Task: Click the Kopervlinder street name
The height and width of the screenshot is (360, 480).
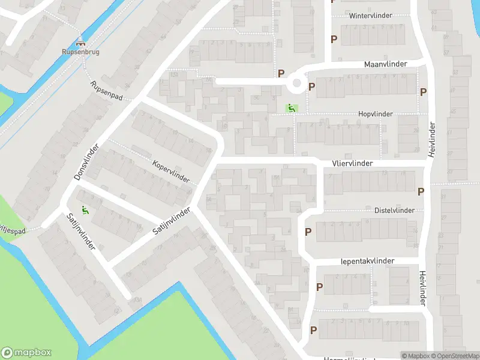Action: click(x=170, y=172)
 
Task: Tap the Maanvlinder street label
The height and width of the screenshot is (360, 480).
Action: click(x=385, y=64)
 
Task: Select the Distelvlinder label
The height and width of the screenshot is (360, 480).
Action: click(x=394, y=211)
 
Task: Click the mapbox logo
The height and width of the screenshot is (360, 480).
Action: click(x=26, y=353)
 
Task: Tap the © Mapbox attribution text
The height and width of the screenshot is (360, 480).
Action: click(x=416, y=356)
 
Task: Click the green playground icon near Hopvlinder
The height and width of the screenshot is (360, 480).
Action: click(x=290, y=109)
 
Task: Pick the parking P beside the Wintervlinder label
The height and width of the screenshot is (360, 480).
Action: click(x=334, y=39)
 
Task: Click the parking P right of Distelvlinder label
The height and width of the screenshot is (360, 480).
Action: click(x=421, y=191)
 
